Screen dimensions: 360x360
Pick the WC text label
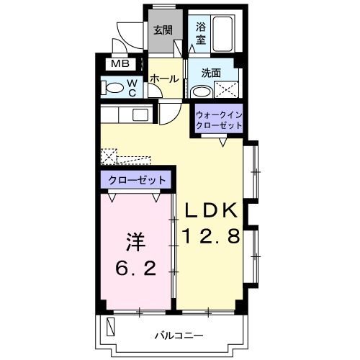point(132,87)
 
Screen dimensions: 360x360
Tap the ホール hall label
point(165,78)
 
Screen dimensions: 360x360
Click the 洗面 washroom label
point(211,73)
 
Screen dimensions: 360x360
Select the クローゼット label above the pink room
point(137,180)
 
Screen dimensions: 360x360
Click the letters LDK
point(212,210)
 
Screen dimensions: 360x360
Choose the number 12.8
point(212,235)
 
